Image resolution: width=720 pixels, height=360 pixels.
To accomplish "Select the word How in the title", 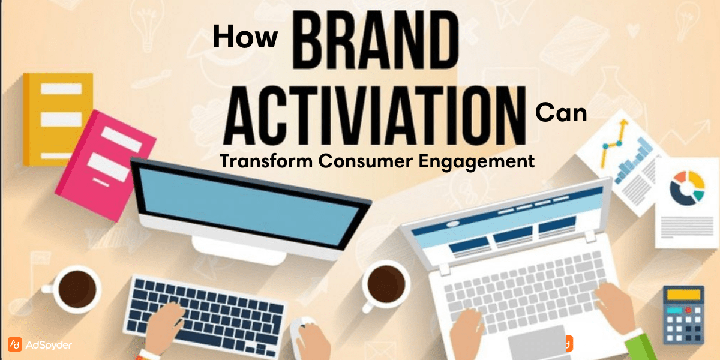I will click(x=245, y=37).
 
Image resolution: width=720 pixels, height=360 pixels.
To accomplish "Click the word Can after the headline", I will click(x=560, y=112).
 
